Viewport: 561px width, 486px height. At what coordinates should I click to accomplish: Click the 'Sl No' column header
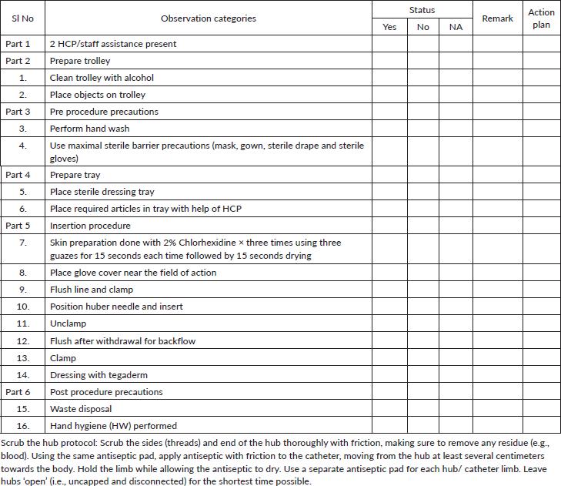pos(22,18)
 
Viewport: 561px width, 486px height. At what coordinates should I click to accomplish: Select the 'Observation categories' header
pos(209,18)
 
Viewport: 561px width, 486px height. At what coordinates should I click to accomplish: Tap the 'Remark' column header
pos(497,18)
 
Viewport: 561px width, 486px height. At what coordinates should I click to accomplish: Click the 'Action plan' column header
pos(541,18)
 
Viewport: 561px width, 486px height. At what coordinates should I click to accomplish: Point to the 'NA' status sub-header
pos(456,27)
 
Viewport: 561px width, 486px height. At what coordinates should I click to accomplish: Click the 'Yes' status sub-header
pos(390,27)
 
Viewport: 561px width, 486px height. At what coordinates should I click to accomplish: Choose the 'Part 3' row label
pos(18,112)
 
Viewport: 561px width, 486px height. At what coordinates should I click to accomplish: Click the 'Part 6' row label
pos(18,392)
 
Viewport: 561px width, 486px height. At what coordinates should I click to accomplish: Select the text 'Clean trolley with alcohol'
pos(102,78)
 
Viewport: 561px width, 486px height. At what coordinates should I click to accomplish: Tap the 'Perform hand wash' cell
pos(89,129)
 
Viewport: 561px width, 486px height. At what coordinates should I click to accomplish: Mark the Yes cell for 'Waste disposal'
pos(390,409)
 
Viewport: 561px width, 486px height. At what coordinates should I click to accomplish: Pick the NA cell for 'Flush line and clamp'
pos(456,290)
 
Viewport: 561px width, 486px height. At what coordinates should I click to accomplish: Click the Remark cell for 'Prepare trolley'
pos(497,61)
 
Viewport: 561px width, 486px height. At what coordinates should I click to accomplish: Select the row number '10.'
pos(23,307)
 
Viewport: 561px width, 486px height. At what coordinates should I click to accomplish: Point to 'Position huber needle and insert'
pos(116,307)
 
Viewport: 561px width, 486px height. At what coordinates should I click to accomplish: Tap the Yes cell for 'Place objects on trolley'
pos(390,95)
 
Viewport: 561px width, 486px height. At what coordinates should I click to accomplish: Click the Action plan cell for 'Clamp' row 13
pos(541,358)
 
